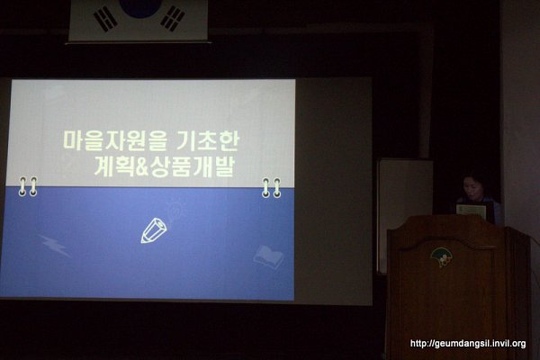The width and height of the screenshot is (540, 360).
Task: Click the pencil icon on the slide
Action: tap(154, 230)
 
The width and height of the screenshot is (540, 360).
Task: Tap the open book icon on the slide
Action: tap(268, 257)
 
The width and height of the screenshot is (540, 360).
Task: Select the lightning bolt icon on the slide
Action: tap(55, 246)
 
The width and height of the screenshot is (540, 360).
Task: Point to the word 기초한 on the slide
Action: tap(208, 140)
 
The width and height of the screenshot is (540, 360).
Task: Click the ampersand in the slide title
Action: tap(140, 167)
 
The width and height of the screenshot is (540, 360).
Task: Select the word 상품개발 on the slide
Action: tap(192, 166)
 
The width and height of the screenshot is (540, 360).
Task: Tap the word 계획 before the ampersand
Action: tap(113, 166)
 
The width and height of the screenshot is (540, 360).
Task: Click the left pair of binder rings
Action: tap(28, 186)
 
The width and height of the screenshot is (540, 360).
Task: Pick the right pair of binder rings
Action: tap(272, 188)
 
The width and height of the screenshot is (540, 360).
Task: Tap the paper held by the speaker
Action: tap(471, 211)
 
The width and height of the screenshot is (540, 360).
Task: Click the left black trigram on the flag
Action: tap(105, 20)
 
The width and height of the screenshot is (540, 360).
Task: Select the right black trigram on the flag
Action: tap(173, 18)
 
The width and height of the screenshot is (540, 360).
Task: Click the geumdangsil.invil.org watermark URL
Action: tap(468, 344)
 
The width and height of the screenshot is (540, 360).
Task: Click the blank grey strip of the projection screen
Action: tap(333, 191)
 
